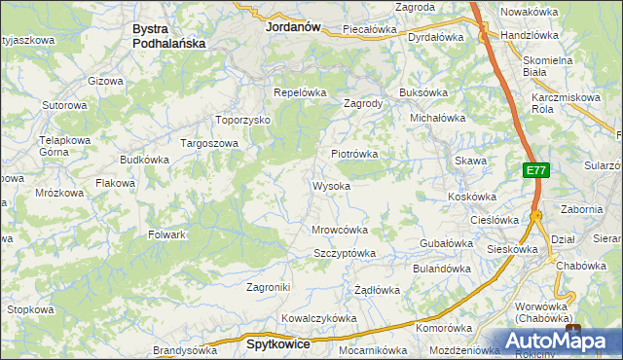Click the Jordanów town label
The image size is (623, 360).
point(293,28)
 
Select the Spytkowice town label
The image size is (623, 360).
point(278,344)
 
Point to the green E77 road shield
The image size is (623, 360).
point(534,170)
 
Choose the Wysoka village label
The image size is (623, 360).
point(331,186)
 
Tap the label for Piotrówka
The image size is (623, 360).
point(353,154)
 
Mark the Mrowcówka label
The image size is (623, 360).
point(339,231)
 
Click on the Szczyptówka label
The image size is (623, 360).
point(344,253)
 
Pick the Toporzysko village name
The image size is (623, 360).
point(242,121)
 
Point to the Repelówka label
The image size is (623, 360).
point(299,93)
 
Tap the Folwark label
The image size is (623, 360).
point(166,234)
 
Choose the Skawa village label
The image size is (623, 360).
point(470,161)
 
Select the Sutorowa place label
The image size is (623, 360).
point(64,104)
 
